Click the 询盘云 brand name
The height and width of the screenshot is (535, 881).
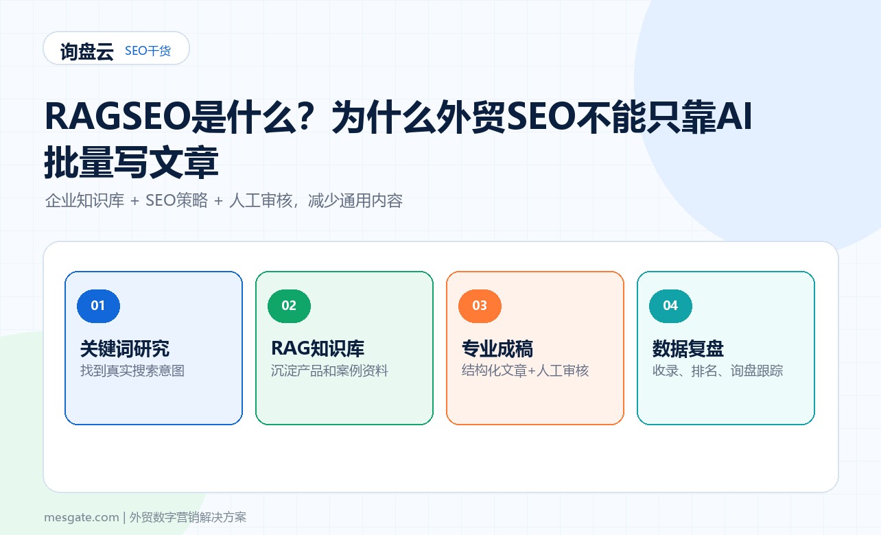coord(87,51)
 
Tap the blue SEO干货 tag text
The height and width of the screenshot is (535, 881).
coord(148,51)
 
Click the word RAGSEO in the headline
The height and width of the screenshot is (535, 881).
coord(117,117)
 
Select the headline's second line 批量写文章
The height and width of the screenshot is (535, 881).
coord(131,162)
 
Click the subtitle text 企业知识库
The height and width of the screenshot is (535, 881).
coord(84,200)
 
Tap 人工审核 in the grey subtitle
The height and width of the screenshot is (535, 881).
coord(261,200)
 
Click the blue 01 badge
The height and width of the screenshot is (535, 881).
coord(98,306)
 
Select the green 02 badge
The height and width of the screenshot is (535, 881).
coord(289,306)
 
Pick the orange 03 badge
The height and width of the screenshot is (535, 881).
coord(480,306)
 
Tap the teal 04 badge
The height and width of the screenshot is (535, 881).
coord(670,306)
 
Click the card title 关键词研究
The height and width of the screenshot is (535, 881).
coord(125,348)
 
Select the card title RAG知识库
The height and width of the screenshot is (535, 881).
coord(318,348)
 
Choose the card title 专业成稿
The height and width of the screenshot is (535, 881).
coord(497,348)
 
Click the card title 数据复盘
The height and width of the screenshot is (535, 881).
coord(688,348)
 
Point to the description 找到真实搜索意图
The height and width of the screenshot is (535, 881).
coord(132,370)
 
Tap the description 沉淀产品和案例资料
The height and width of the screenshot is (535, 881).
coord(329,370)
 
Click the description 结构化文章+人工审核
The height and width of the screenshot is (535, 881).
coord(525,370)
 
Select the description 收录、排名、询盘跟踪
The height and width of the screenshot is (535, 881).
coord(718,370)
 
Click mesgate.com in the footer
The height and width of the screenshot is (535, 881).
coord(82,517)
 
